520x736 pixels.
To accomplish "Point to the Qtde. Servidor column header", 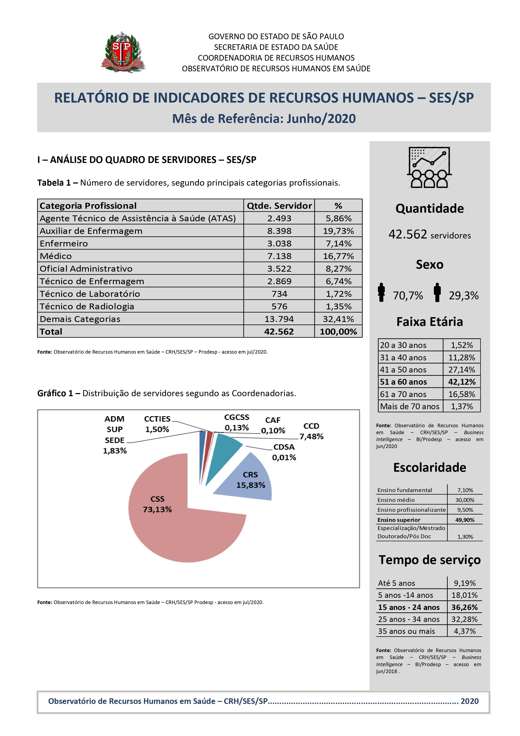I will click(279, 206).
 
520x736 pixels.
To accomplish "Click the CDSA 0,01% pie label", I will click(284, 452).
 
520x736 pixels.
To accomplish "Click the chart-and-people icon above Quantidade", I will click(429, 167).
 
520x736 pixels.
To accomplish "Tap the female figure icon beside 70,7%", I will click(381, 292).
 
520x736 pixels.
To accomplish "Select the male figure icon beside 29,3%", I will click(437, 292).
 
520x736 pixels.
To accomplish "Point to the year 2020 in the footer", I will click(469, 701).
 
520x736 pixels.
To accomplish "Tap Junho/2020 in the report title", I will click(321, 119).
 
